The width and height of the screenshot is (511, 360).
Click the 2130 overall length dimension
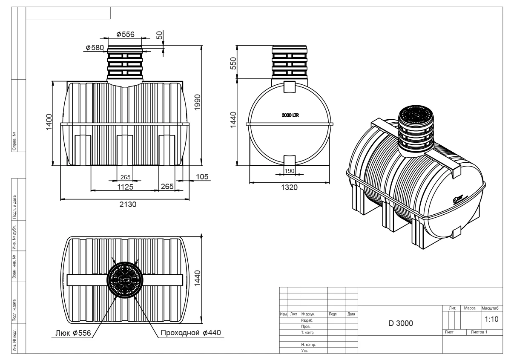127,204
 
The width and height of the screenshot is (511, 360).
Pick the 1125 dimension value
125,187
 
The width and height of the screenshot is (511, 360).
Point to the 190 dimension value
289,171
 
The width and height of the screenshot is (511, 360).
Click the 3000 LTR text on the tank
290,115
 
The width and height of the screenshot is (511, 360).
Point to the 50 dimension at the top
160,35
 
